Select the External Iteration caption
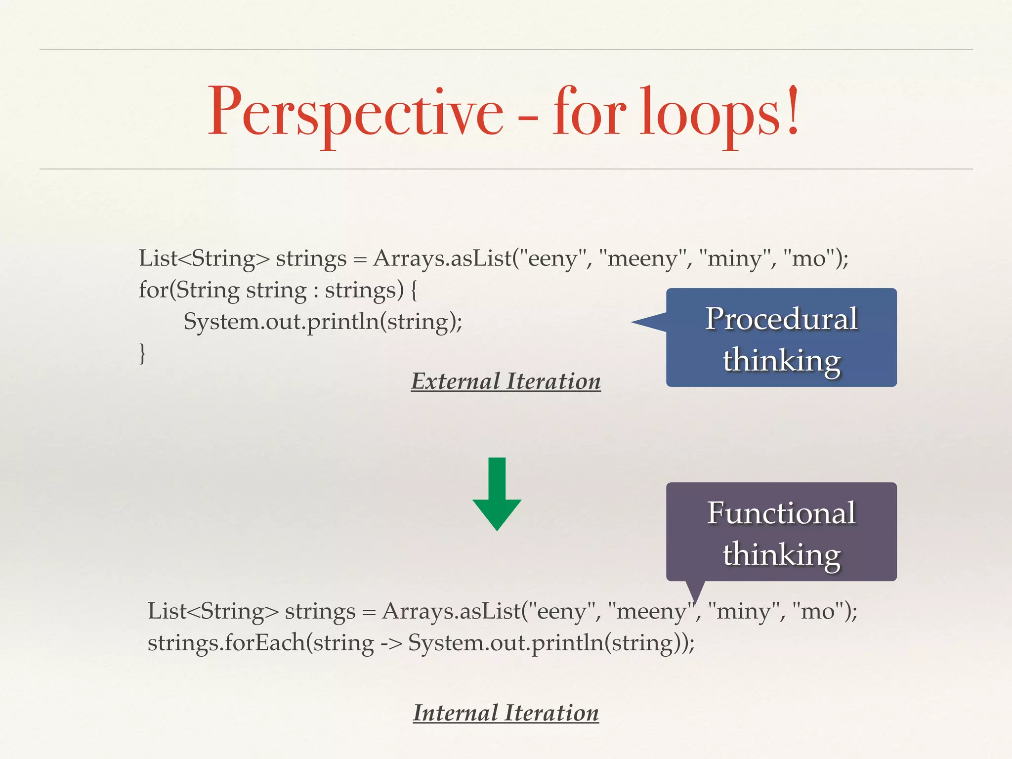pos(506,381)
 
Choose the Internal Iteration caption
pos(506,713)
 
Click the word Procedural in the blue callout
pos(781,319)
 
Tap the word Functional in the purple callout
pos(781,513)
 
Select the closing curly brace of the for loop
pos(142,354)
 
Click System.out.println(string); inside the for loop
pos(323,322)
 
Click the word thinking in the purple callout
pos(781,554)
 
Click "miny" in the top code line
pos(734,258)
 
